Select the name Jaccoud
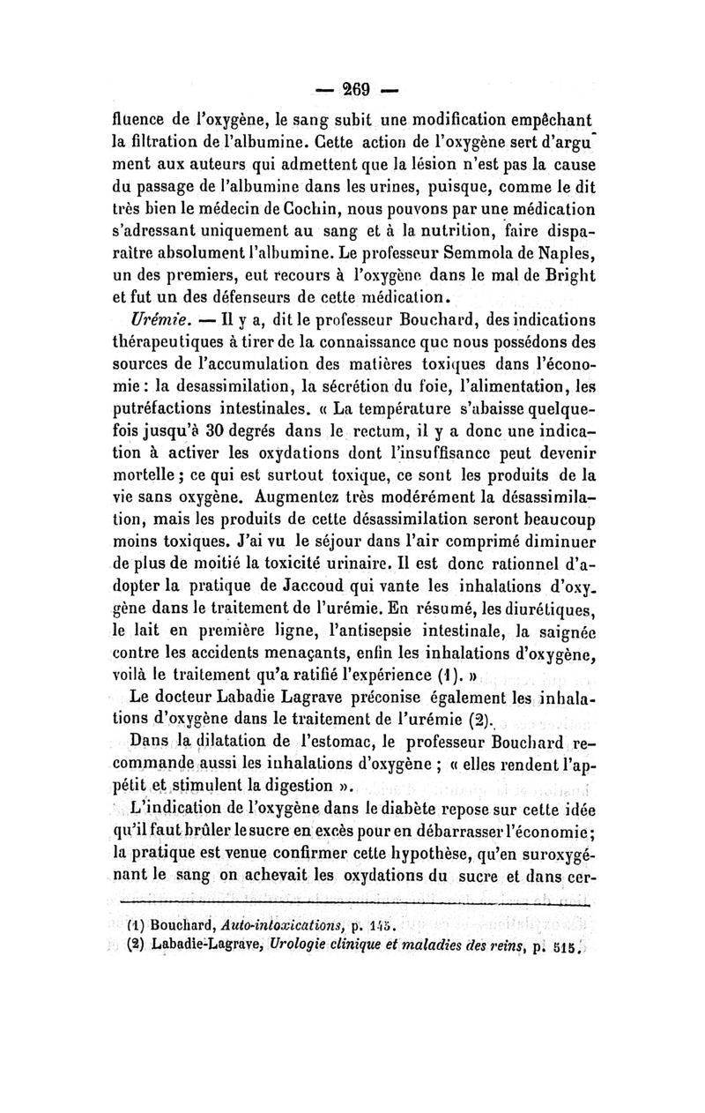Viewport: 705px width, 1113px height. pos(320,561)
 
